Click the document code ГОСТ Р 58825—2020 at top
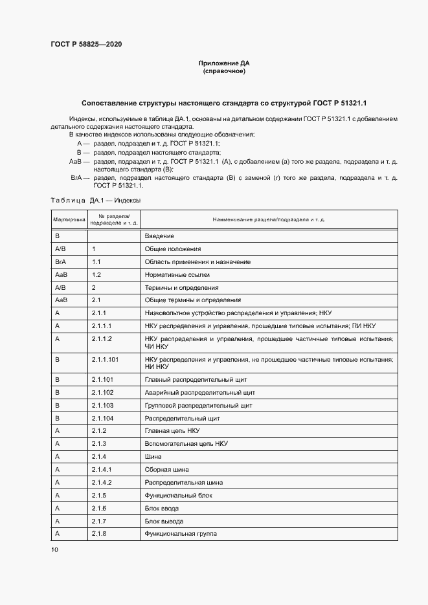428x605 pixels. click(x=85, y=44)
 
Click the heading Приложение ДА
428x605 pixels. click(x=223, y=63)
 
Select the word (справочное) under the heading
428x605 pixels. click(x=223, y=71)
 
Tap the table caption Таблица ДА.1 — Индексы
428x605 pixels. click(x=96, y=201)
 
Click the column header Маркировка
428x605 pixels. click(x=69, y=219)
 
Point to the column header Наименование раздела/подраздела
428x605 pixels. click(x=269, y=219)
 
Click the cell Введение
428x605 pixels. click(x=159, y=236)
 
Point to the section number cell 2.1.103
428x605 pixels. click(x=102, y=405)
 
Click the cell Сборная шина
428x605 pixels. click(x=167, y=469)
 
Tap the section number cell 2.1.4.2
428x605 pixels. click(x=102, y=482)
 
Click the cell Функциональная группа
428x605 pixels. click(x=181, y=534)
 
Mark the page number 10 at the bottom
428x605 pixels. click(x=54, y=550)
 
